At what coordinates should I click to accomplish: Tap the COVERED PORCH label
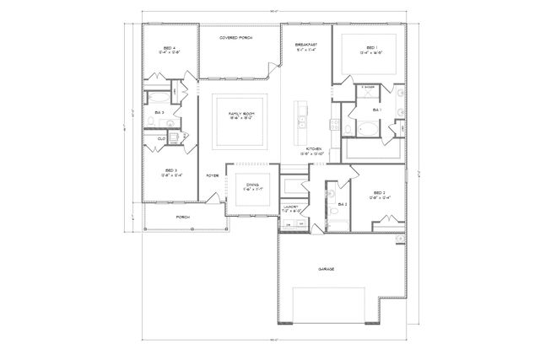tap(237, 38)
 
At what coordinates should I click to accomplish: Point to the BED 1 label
tap(372, 48)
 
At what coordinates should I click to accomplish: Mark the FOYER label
tap(213, 175)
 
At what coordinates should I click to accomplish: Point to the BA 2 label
tap(342, 203)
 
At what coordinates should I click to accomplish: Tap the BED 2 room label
tap(377, 195)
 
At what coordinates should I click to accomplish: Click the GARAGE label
tap(326, 269)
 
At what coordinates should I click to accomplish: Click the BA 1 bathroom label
tap(377, 110)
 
